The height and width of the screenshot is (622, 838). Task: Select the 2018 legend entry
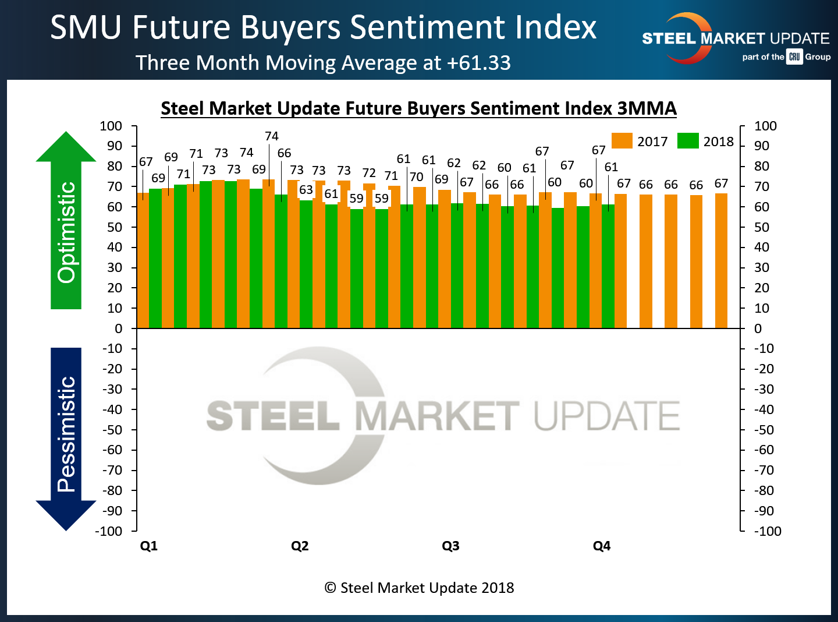coord(706,142)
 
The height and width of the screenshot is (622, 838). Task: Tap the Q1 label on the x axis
coord(149,546)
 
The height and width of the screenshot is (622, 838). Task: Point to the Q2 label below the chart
coord(300,546)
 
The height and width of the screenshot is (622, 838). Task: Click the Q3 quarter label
coord(450,546)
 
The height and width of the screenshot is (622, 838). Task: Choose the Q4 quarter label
coord(602,546)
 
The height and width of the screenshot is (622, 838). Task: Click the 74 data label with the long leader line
coord(272,136)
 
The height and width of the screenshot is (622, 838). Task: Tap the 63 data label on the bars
coord(306,190)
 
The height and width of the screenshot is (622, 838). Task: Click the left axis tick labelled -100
coord(109,531)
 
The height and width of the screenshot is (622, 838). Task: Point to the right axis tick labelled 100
coord(765,126)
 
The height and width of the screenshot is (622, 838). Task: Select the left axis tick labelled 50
coord(115,227)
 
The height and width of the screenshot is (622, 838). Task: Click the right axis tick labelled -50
coord(764,430)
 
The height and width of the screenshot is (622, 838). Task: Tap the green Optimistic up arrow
coord(66,221)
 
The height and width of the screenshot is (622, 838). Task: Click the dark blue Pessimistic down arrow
coord(66,437)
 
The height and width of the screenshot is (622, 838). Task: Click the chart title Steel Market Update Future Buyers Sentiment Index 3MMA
coord(418,108)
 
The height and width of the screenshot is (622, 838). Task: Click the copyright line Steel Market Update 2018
coord(419,588)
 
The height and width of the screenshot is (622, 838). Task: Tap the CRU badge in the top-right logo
coord(794,56)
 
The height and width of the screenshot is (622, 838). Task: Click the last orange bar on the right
coord(721,261)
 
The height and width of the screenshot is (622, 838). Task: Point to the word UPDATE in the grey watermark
coord(606,416)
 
